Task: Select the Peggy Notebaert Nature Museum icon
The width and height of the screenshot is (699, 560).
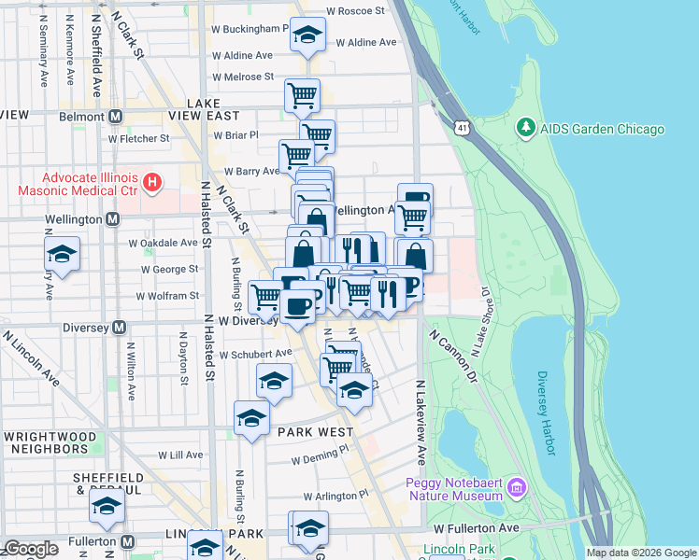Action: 517,488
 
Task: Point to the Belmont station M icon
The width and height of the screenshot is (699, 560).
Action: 116,117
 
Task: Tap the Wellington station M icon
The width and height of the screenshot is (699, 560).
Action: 112,219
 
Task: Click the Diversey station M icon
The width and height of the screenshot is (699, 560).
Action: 119,328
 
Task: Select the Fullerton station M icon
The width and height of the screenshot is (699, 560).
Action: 129,541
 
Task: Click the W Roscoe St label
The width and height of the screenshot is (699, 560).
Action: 354,11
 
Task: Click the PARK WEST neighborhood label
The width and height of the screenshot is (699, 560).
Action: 314,432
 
